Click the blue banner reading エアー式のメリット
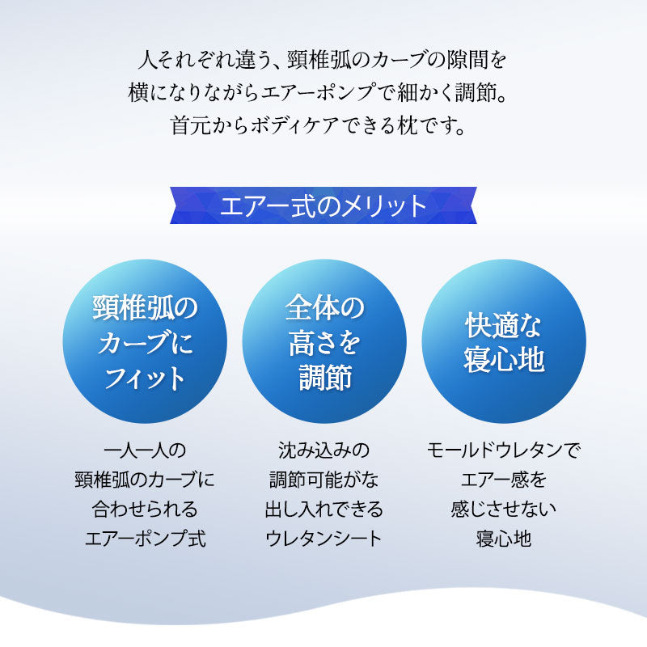tap(323, 205)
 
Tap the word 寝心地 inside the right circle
tap(503, 359)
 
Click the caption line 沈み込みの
tap(323, 450)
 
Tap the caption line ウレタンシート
tap(323, 538)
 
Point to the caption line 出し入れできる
tap(323, 509)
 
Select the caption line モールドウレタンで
tap(503, 450)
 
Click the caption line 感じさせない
tap(503, 509)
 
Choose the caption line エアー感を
tap(503, 479)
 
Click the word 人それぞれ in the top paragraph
tap(176, 60)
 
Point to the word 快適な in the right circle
tap(503, 325)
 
